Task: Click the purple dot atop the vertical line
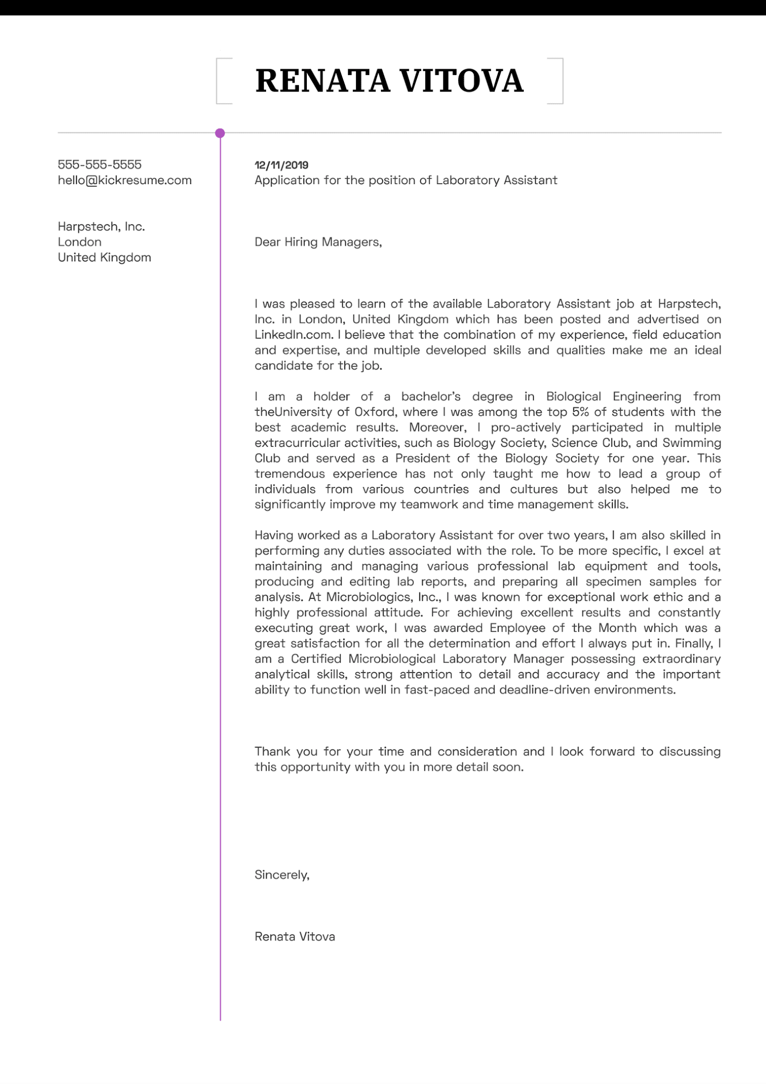pyautogui.click(x=220, y=133)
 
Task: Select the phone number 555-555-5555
pyautogui.click(x=99, y=165)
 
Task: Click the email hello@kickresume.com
pyautogui.click(x=124, y=180)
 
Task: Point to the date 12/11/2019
pyautogui.click(x=281, y=165)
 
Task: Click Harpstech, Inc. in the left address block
pyautogui.click(x=101, y=227)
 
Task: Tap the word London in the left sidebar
pyautogui.click(x=79, y=242)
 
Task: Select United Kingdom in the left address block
pyautogui.click(x=104, y=257)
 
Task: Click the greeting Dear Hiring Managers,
pyautogui.click(x=318, y=242)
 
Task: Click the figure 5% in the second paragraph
pyautogui.click(x=580, y=412)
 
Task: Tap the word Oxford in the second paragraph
pyautogui.click(x=375, y=412)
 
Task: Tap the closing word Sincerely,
pyautogui.click(x=282, y=875)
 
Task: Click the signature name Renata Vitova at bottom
pyautogui.click(x=295, y=937)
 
